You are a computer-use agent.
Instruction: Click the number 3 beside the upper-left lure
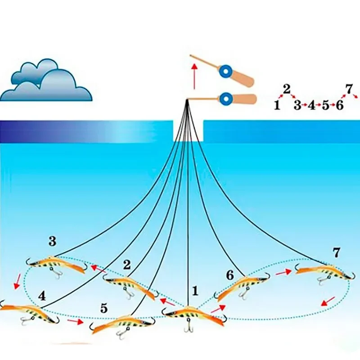pyautogui.click(x=53, y=242)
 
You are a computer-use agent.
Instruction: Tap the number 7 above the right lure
pyautogui.click(x=336, y=252)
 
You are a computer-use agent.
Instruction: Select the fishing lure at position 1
pyautogui.click(x=193, y=313)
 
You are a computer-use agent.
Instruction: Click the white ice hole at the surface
pyautogui.click(x=188, y=130)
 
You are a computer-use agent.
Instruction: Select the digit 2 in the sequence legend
pyautogui.click(x=287, y=89)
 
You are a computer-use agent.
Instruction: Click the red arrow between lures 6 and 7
pyautogui.click(x=283, y=272)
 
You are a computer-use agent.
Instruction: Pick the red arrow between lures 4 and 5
pyautogui.click(x=75, y=321)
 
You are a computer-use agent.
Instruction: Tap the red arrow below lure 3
pyautogui.click(x=17, y=281)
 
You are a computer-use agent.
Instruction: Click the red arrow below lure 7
pyautogui.click(x=328, y=301)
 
